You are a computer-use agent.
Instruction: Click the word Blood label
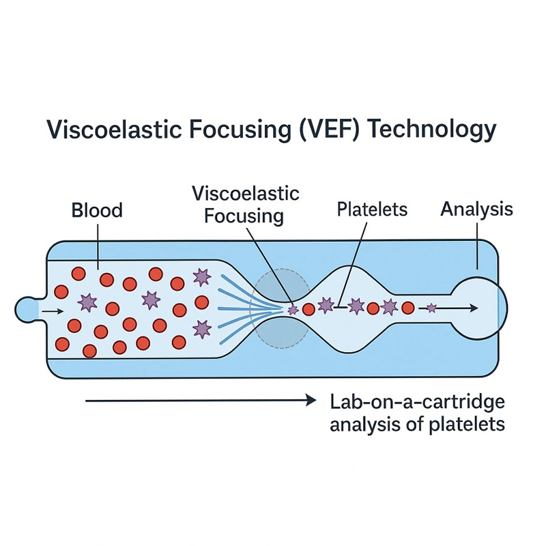tap(97, 210)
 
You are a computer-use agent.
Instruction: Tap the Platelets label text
tap(372, 210)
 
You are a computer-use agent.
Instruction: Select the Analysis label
tap(476, 210)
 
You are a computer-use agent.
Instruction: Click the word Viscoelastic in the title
tap(114, 130)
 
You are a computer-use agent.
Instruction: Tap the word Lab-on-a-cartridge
tap(417, 402)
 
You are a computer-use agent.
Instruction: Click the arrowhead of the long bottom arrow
tap(311, 401)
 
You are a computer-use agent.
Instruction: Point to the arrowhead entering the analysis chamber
tap(473, 308)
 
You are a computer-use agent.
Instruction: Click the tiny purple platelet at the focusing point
tap(293, 309)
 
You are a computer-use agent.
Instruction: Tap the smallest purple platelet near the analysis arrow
tap(431, 308)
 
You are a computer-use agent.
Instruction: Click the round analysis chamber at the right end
tap(479, 308)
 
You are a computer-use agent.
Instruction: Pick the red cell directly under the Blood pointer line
tap(106, 280)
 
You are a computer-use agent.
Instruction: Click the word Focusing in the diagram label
tap(244, 216)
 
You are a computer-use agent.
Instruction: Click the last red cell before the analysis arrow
tap(408, 308)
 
